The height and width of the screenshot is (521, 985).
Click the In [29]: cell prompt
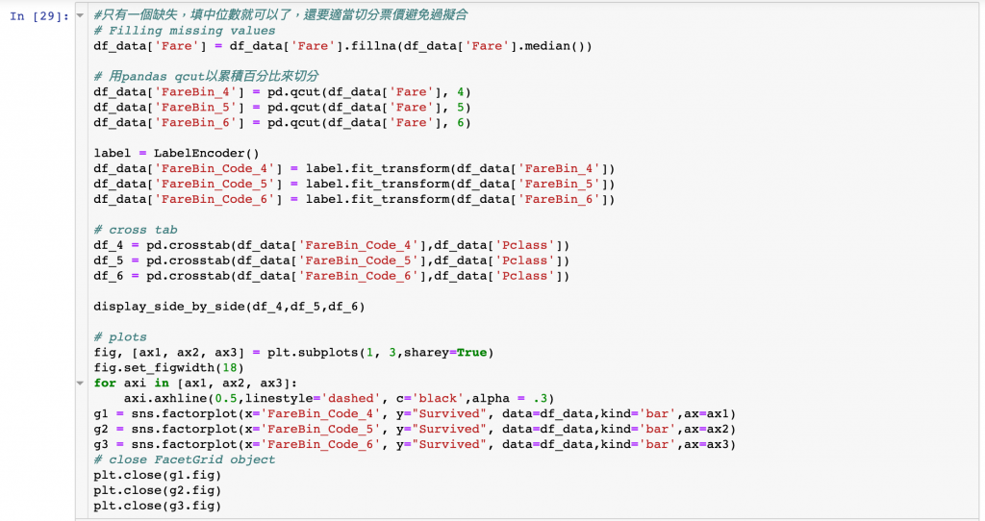point(38,15)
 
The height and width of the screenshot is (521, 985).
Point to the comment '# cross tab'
point(136,230)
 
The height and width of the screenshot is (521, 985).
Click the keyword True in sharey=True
point(471,353)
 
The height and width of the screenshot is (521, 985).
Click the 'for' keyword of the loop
point(105,384)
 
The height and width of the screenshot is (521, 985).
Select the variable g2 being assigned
point(101,429)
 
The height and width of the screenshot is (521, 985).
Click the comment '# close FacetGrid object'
point(185,459)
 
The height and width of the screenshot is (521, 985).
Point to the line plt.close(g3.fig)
point(158,506)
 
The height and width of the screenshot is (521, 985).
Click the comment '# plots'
point(120,337)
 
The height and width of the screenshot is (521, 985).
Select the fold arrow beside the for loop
point(81,384)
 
